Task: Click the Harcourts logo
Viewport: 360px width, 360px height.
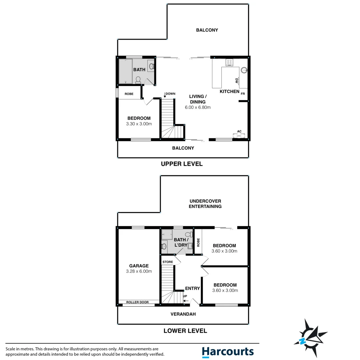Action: tap(228, 352)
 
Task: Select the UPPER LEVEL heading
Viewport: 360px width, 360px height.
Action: tap(182, 164)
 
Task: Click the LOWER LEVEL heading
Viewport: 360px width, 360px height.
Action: tap(185, 331)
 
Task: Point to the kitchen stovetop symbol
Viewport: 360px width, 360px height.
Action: tap(229, 62)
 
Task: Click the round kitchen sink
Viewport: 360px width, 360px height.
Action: tap(244, 70)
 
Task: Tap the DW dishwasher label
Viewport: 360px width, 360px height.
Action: tap(236, 81)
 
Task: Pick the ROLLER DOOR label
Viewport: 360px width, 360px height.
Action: tap(138, 302)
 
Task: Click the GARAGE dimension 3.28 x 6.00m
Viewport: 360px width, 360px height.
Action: tap(139, 271)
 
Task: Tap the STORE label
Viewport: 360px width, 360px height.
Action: tap(168, 262)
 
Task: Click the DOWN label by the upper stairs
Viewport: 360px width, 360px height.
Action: tap(170, 94)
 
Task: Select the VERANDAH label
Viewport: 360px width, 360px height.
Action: tap(183, 314)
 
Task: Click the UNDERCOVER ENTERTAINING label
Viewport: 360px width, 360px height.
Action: tap(205, 204)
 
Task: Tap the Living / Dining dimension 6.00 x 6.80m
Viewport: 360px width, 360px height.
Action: tap(198, 107)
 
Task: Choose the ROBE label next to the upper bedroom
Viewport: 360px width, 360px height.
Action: tap(129, 94)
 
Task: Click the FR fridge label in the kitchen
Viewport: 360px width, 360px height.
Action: tap(243, 94)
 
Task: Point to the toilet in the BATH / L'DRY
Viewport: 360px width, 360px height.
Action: tap(164, 246)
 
